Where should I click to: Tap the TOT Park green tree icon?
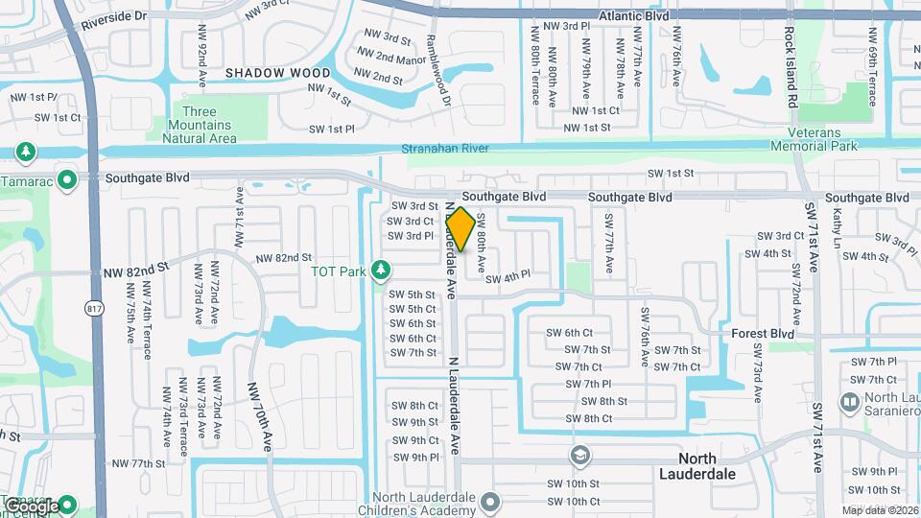(x=382, y=271)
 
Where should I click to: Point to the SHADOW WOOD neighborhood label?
(x=277, y=73)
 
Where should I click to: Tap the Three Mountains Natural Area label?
(x=200, y=126)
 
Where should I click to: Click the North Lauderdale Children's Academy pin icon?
(x=491, y=501)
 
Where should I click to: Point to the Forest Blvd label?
(x=763, y=334)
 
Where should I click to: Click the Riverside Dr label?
(x=113, y=17)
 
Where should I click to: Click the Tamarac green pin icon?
(x=66, y=179)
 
